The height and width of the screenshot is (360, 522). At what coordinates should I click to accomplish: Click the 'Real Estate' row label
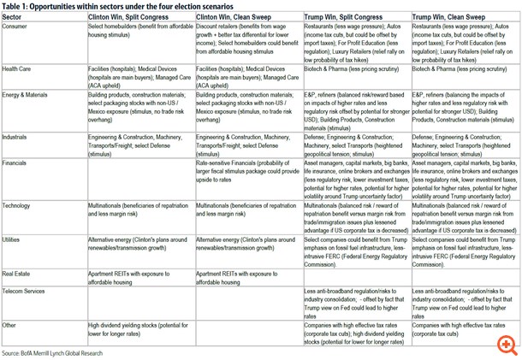20,271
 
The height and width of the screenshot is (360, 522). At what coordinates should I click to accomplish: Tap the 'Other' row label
11,326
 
